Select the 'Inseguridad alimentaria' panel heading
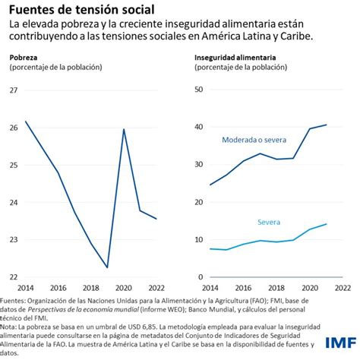click(235, 57)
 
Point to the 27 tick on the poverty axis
click(14, 90)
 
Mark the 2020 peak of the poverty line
click(124, 129)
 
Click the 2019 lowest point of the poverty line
click(107, 267)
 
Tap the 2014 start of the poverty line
click(26, 121)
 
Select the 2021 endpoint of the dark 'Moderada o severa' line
click(327, 125)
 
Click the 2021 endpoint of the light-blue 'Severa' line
click(327, 223)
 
